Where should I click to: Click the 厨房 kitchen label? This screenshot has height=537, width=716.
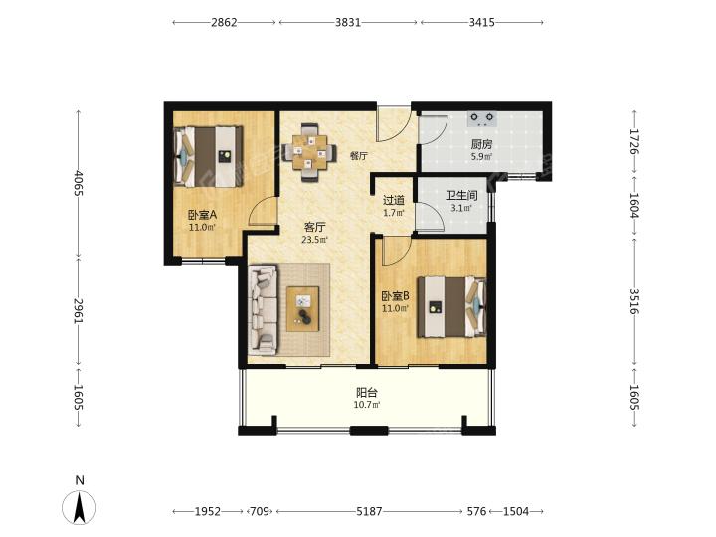click(x=481, y=145)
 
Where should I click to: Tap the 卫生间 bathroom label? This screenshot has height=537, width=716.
click(x=461, y=196)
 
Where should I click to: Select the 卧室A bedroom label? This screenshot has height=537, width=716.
click(x=202, y=214)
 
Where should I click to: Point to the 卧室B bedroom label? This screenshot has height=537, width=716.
click(x=396, y=296)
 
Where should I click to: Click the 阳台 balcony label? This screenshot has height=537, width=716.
click(x=367, y=392)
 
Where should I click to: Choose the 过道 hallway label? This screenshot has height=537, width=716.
click(x=393, y=200)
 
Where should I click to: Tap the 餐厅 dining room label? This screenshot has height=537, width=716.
click(x=358, y=156)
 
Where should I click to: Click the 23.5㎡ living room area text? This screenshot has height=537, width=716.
click(x=314, y=239)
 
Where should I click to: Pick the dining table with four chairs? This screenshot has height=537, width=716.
click(x=309, y=152)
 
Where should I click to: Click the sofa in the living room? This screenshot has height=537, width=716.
click(x=263, y=310)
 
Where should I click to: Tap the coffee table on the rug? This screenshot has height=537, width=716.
click(x=302, y=308)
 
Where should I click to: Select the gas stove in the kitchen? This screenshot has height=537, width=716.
click(x=482, y=118)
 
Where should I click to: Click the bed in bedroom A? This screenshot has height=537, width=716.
click(x=208, y=157)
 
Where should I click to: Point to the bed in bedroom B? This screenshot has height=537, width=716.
click(x=451, y=307)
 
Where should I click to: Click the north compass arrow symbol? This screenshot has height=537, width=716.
click(x=80, y=507)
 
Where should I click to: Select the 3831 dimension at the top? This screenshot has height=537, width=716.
click(x=348, y=22)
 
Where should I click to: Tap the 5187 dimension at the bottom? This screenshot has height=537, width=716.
click(x=369, y=511)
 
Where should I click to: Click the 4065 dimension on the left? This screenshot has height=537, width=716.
click(x=79, y=183)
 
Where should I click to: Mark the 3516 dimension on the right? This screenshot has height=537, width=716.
click(x=634, y=301)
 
